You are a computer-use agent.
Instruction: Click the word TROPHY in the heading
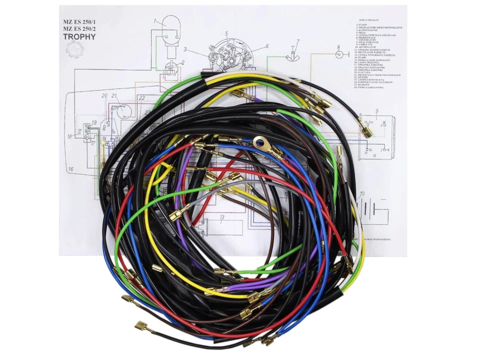(x=81, y=37)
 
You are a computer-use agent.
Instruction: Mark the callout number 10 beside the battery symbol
(x=361, y=193)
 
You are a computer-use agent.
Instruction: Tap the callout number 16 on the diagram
(x=71, y=169)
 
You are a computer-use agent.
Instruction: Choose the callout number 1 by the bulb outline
(x=155, y=21)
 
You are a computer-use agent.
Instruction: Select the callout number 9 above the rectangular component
(x=376, y=110)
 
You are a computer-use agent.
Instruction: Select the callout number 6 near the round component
(x=267, y=46)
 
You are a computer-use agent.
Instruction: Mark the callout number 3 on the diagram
(x=184, y=49)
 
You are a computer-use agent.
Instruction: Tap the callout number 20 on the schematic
(x=104, y=95)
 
